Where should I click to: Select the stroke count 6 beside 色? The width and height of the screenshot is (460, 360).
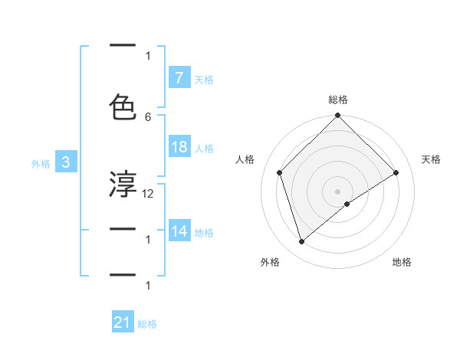pyautogui.click(x=148, y=116)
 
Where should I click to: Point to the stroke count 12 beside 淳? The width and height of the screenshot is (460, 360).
pyautogui.click(x=148, y=194)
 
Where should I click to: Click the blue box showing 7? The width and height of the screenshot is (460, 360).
pyautogui.click(x=179, y=78)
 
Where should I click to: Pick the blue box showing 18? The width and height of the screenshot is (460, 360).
pyautogui.click(x=179, y=148)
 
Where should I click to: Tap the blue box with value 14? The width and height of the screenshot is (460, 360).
pyautogui.click(x=179, y=231)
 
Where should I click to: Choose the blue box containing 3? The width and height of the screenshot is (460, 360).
pyautogui.click(x=66, y=162)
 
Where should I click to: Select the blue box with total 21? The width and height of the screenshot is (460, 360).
pyautogui.click(x=123, y=323)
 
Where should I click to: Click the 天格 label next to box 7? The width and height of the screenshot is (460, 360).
pyautogui.click(x=204, y=79)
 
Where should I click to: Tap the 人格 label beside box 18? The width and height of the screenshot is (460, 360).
pyautogui.click(x=204, y=149)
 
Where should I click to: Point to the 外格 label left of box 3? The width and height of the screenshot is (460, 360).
pyautogui.click(x=40, y=163)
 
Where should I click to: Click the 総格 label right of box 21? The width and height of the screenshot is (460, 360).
pyautogui.click(x=147, y=324)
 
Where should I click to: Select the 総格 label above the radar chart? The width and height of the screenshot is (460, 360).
pyautogui.click(x=337, y=100)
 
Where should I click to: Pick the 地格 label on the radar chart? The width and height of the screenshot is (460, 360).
pyautogui.click(x=402, y=262)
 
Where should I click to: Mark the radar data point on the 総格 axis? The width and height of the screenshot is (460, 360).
pyautogui.click(x=337, y=116)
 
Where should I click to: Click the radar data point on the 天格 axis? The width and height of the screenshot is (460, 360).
pyautogui.click(x=396, y=172)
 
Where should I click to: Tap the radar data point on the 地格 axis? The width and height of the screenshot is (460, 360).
pyautogui.click(x=347, y=204)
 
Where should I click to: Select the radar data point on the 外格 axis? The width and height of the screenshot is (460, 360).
pyautogui.click(x=301, y=242)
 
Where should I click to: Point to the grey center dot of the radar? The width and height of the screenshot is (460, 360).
pyautogui.click(x=337, y=191)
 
